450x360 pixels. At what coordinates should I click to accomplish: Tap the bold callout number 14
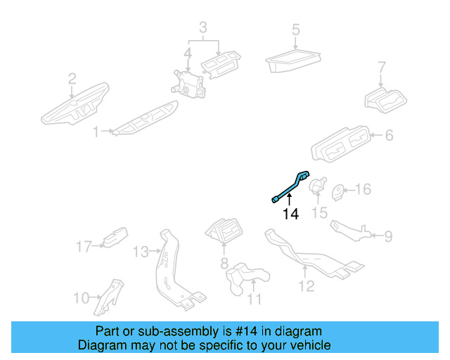(290, 214)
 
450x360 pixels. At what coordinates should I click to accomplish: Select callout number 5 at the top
(296, 30)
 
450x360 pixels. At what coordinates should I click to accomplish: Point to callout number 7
(382, 68)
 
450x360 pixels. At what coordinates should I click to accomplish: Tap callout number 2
(72, 79)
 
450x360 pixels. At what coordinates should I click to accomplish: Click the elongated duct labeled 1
(144, 121)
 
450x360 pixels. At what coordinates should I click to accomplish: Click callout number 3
(202, 28)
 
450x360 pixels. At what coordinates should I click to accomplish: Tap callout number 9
(388, 236)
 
